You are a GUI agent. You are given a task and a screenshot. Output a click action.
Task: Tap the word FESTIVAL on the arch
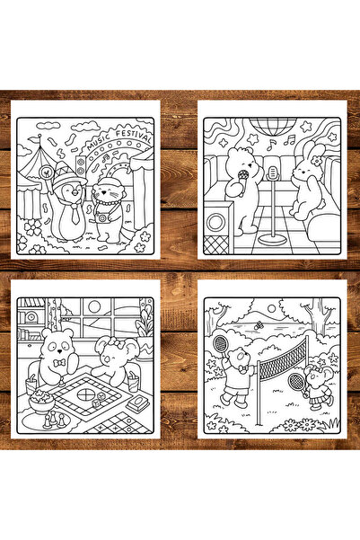[134, 136]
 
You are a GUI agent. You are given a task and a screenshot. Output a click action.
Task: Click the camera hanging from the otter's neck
[102, 217]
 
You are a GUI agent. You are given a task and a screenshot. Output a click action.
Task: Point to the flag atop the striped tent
[34, 138]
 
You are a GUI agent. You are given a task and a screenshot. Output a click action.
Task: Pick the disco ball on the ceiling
[273, 126]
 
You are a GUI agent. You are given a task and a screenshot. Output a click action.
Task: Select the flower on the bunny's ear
[316, 161]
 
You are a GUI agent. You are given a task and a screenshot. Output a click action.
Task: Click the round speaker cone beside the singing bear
[215, 222]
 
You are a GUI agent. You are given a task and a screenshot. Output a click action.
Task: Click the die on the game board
[100, 397]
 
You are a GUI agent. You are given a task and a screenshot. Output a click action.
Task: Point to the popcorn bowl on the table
[41, 402]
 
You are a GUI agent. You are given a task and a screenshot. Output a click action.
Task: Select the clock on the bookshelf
[31, 316]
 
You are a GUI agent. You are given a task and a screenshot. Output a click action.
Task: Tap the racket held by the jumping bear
[221, 346]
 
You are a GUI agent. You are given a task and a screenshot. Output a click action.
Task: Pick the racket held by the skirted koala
[297, 384]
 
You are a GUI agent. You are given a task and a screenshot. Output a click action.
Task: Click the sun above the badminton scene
[271, 308]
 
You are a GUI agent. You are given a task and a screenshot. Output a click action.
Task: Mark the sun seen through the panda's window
[94, 306]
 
